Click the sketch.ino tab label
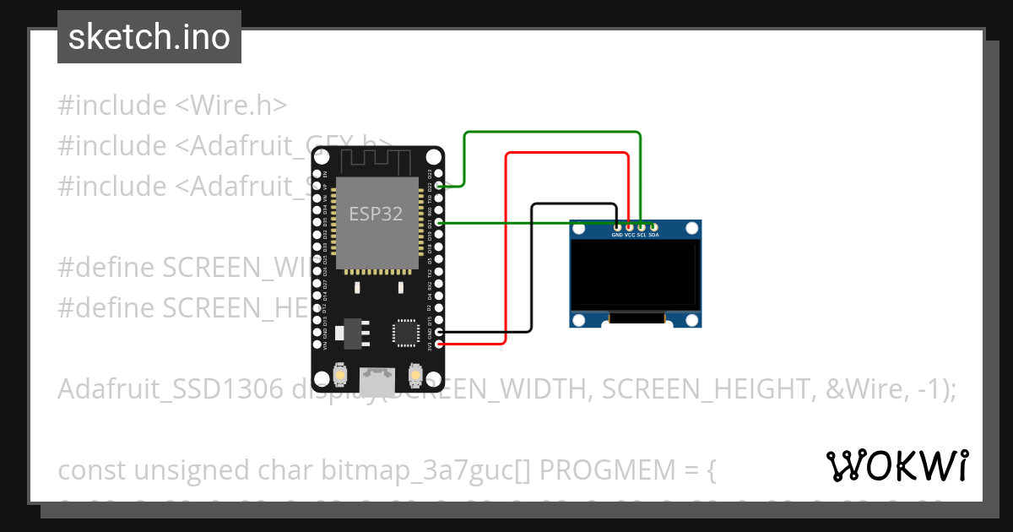point(149,37)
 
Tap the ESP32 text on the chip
point(376,214)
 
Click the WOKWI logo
point(897,465)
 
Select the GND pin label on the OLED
point(617,236)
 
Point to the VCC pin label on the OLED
point(630,236)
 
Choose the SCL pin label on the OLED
point(642,236)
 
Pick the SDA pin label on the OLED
point(653,236)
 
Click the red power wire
point(506,253)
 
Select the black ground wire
point(532,270)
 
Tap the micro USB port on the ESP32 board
point(376,381)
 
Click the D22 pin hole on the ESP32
point(436,186)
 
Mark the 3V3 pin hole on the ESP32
point(436,345)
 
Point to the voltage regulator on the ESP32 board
point(349,333)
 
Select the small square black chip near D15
point(404,332)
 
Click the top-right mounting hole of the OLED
point(692,228)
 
